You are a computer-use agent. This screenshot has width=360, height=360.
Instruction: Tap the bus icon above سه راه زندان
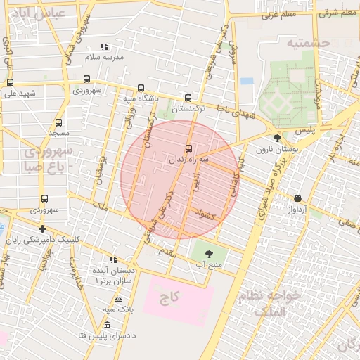coord(188,148)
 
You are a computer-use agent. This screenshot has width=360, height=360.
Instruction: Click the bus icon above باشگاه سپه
coord(141,89)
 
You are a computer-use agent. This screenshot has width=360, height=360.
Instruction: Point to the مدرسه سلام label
coord(104,56)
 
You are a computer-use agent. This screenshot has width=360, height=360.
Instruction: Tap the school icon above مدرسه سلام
coord(104,46)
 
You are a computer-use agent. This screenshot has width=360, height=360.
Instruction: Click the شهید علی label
coord(18,94)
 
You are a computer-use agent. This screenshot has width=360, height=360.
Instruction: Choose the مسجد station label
coord(58,133)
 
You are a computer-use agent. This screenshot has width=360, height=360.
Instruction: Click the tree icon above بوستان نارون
coord(278,138)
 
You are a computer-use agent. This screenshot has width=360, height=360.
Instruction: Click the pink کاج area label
coord(169,297)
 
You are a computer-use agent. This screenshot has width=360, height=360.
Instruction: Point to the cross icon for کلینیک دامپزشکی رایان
coord(43,229)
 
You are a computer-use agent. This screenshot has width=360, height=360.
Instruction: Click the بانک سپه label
coord(118,309)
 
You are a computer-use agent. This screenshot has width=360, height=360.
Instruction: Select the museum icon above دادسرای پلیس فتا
coord(106,325)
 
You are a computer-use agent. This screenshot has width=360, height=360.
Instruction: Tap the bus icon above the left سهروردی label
coord(44,199)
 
